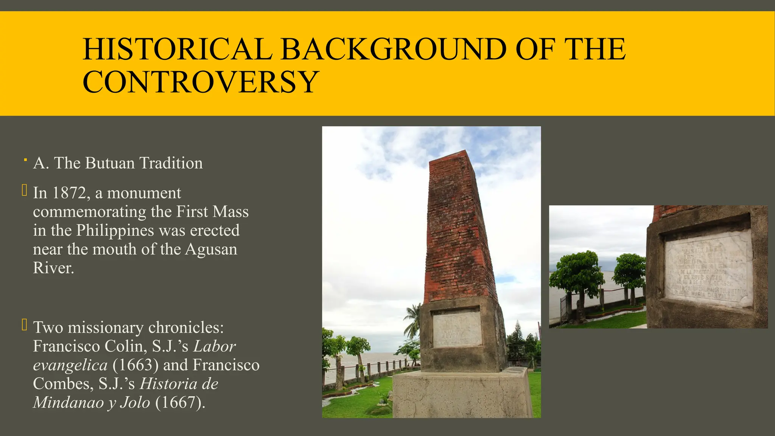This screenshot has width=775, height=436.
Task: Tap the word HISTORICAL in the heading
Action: (x=177, y=49)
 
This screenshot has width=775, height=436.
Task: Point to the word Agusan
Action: (x=211, y=249)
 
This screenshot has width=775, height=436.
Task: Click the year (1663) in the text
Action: (x=135, y=365)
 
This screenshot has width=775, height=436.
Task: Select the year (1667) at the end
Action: (x=180, y=402)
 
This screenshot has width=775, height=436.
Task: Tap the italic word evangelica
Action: (x=70, y=365)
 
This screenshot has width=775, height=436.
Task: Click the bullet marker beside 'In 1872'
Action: (x=24, y=190)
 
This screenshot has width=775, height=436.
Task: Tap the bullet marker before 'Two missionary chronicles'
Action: (x=24, y=325)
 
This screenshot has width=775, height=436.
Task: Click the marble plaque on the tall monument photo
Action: (x=457, y=329)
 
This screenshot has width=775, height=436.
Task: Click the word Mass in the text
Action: (x=231, y=212)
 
